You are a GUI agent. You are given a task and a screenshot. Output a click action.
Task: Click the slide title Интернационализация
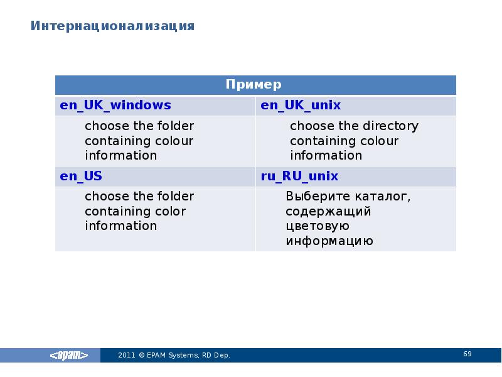113,26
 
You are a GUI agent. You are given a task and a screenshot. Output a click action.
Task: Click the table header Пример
254,85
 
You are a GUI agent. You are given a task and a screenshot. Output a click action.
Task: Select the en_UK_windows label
115,105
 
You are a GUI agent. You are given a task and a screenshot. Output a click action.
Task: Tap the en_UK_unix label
301,105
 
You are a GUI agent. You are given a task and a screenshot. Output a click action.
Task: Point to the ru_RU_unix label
299,175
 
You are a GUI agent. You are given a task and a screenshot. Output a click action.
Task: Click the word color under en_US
171,211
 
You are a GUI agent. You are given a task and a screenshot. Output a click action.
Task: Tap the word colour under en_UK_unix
379,141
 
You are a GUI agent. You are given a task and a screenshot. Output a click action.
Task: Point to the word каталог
383,196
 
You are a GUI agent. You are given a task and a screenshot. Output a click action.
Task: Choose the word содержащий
328,211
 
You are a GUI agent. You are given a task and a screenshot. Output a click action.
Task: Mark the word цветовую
317,226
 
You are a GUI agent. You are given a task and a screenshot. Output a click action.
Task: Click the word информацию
329,241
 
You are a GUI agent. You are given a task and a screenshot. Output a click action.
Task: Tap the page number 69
467,354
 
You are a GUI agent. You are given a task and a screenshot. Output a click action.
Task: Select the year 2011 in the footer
127,356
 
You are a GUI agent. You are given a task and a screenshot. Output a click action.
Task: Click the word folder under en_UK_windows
176,126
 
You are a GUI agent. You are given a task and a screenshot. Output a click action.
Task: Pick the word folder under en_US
176,196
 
